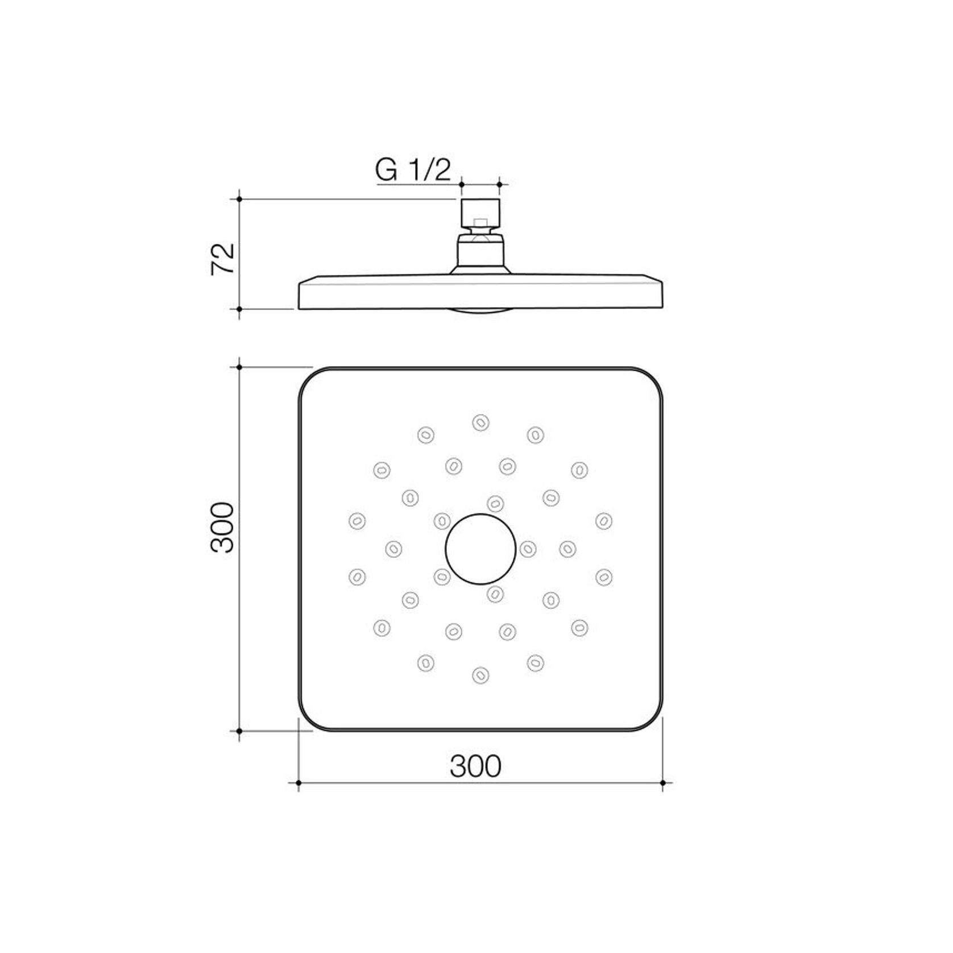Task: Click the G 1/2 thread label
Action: (413, 169)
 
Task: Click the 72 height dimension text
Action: (223, 259)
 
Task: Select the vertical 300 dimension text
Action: (222, 527)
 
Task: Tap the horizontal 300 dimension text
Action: (475, 766)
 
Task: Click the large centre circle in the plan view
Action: (480, 549)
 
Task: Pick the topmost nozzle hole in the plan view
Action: (480, 422)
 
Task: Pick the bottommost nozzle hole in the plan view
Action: (480, 675)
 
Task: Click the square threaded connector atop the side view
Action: (480, 213)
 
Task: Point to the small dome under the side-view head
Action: (480, 311)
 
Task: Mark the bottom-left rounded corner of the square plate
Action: (309, 720)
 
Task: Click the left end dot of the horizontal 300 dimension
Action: (299, 783)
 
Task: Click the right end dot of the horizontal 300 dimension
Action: (663, 783)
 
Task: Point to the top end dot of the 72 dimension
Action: (239, 199)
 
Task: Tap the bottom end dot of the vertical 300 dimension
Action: (239, 731)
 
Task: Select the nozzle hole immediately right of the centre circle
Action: (528, 549)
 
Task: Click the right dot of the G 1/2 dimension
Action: (499, 184)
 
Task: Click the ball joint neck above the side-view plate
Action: (480, 250)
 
